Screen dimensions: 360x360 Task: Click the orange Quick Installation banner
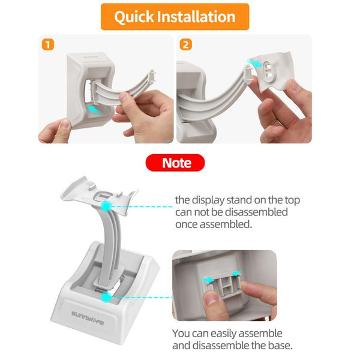pyautogui.click(x=174, y=17)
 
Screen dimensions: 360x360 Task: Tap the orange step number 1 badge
pyautogui.click(x=47, y=44)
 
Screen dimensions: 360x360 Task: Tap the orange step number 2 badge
pyautogui.click(x=185, y=44)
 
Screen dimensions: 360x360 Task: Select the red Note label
pyautogui.click(x=176, y=163)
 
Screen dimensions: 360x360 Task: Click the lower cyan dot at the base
pyautogui.click(x=106, y=296)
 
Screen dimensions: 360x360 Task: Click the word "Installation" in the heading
pyautogui.click(x=198, y=17)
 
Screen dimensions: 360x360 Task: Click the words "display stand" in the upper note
pyautogui.click(x=223, y=200)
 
